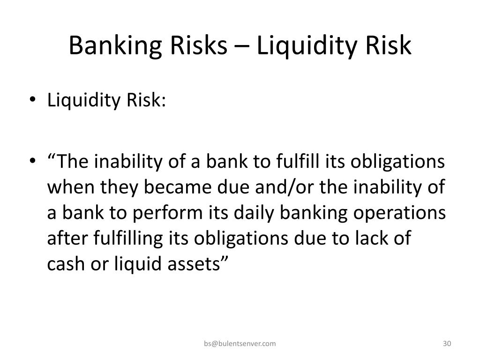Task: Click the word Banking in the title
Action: click(115, 46)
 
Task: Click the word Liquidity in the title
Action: click(307, 46)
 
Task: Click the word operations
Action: click(399, 214)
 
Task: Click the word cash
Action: click(66, 263)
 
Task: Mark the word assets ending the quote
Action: click(194, 264)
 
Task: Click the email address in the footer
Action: click(240, 344)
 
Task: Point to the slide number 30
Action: click(447, 344)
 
